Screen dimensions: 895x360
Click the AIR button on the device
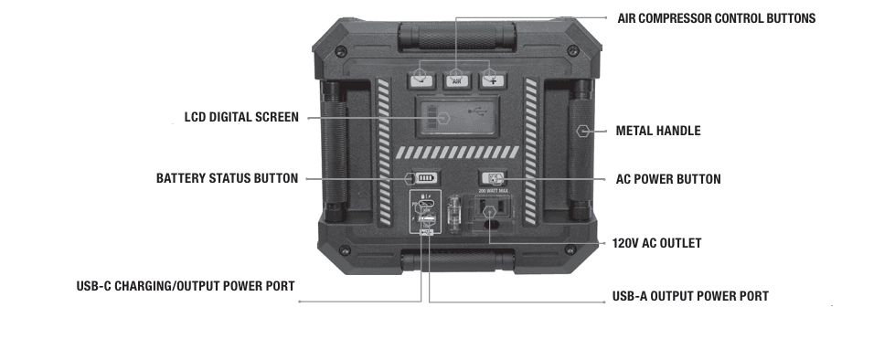[x=457, y=80]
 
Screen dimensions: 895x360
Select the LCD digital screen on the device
[x=456, y=119]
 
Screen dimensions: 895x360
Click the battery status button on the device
[x=426, y=178]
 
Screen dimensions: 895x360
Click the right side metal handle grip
[x=580, y=151]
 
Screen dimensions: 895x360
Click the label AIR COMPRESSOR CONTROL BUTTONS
[x=716, y=18]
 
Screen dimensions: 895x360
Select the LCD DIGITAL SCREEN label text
[x=241, y=118]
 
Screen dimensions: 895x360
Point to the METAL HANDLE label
[x=658, y=131]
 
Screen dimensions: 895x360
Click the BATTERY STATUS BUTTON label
[x=227, y=178]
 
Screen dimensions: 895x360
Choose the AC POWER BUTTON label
[x=668, y=179]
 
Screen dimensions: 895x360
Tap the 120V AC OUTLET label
[x=656, y=244]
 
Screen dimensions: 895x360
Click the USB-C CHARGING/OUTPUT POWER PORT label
[x=185, y=286]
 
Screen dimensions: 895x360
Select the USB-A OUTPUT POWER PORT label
[x=689, y=296]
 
